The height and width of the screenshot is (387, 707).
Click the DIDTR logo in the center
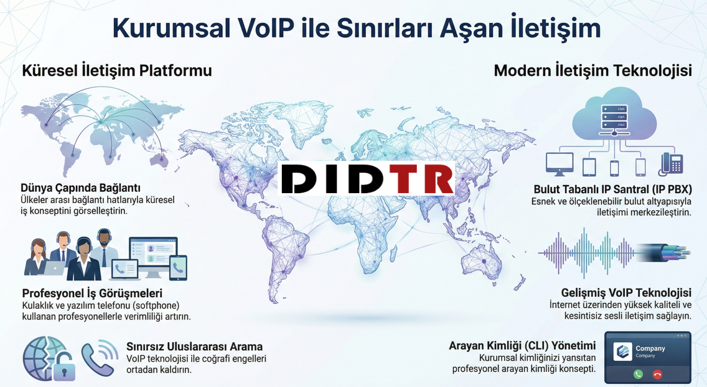(367, 178)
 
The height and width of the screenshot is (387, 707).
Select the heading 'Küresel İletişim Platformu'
(117, 71)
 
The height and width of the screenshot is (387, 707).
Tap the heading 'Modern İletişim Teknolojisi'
(593, 71)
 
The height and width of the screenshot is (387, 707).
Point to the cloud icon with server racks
(614, 113)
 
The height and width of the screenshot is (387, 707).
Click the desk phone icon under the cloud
(671, 163)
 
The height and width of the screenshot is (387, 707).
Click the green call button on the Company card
(638, 374)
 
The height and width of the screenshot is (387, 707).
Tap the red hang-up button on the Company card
(657, 374)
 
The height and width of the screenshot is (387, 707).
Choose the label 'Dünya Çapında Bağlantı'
(81, 188)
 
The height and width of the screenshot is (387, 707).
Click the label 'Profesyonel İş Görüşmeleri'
(92, 294)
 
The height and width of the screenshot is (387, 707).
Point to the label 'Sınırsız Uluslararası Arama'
(194, 346)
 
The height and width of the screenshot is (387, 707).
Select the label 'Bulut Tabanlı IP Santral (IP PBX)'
(612, 189)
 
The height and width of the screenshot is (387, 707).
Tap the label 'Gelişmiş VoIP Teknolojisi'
(626, 293)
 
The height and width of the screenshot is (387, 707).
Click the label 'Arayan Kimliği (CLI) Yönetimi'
(522, 346)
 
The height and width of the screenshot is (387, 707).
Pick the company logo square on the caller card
(623, 351)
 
